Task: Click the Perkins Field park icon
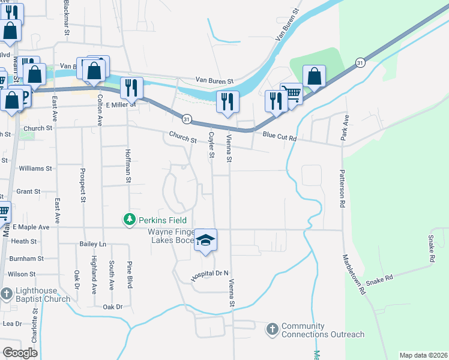129,220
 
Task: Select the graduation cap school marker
205,241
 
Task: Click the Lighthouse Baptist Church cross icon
7,294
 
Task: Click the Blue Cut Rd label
280,137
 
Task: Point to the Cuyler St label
211,146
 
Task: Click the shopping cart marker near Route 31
292,94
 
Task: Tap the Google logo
20,353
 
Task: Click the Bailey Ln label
92,244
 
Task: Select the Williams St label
35,169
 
